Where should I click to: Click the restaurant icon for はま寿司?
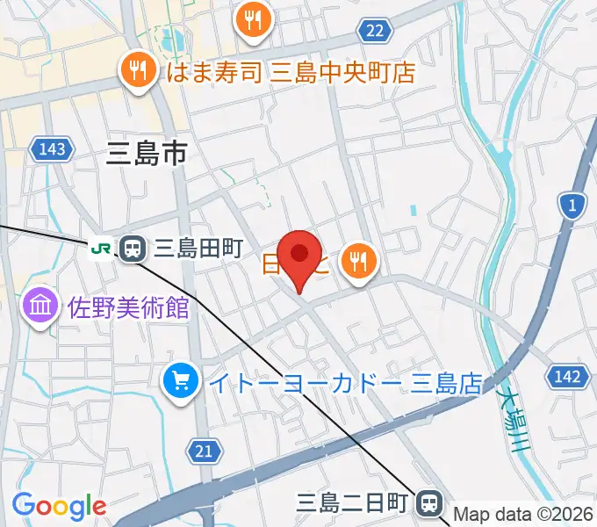138,70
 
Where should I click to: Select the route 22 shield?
373,32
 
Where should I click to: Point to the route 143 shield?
52,149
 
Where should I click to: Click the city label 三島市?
146,155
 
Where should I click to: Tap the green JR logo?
101,249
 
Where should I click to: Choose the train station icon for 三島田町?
133,249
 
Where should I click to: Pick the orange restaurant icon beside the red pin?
357,260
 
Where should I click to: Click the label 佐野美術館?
128,307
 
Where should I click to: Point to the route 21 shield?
203,451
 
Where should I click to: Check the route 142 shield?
567,377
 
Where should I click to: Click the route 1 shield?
572,206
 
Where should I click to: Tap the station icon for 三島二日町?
429,502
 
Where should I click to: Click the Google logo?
59,506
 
